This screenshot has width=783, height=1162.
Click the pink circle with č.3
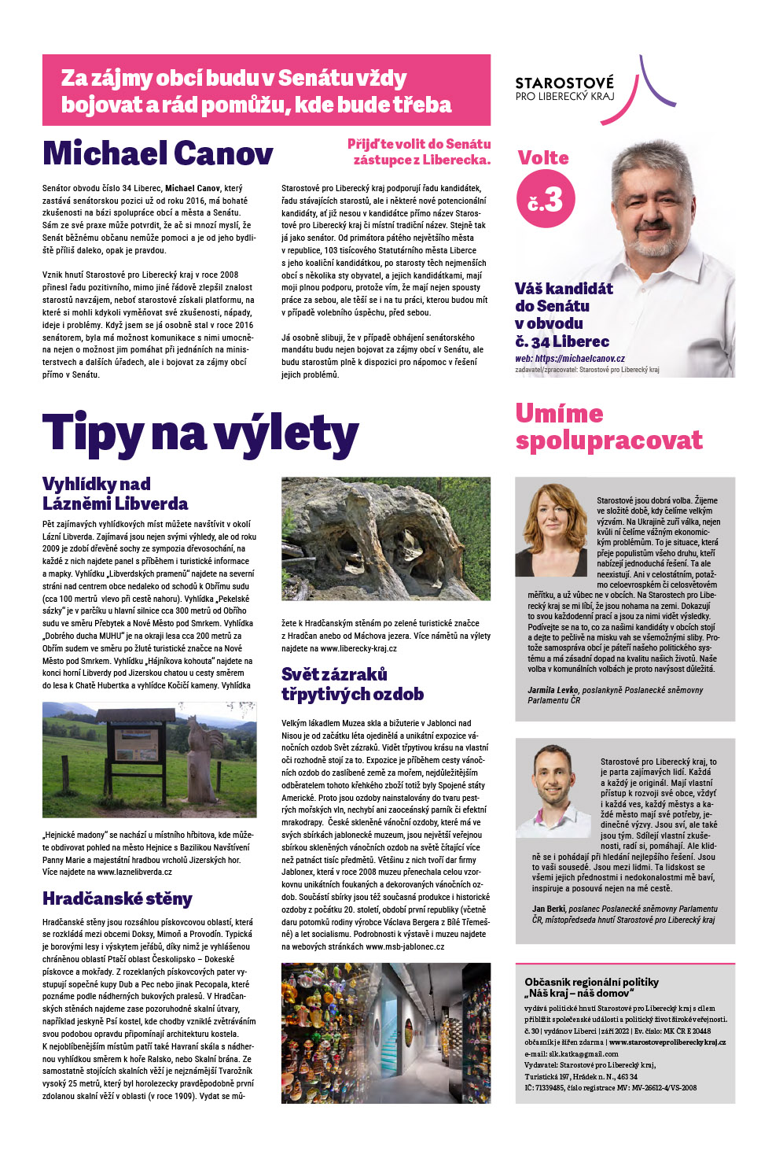(x=546, y=199)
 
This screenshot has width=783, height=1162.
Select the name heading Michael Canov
(x=158, y=153)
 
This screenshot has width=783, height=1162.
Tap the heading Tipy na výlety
(x=200, y=433)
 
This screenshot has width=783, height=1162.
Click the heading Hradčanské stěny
(x=117, y=898)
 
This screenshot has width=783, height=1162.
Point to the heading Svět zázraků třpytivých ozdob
(x=352, y=684)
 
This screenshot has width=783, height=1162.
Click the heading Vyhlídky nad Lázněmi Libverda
(x=115, y=493)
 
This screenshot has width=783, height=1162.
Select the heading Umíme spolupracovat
(x=608, y=426)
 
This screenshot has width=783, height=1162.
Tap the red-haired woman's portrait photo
(x=551, y=529)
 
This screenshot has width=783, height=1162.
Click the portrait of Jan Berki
(x=553, y=788)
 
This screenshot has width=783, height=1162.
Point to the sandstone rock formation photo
(x=385, y=538)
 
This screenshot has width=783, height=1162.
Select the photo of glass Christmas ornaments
(x=385, y=1032)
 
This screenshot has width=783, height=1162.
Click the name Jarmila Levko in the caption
(x=553, y=690)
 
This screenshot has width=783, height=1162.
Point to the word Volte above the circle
(x=543, y=157)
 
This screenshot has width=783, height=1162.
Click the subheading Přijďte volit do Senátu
(x=419, y=144)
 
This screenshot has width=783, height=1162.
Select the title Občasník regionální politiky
(x=591, y=982)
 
